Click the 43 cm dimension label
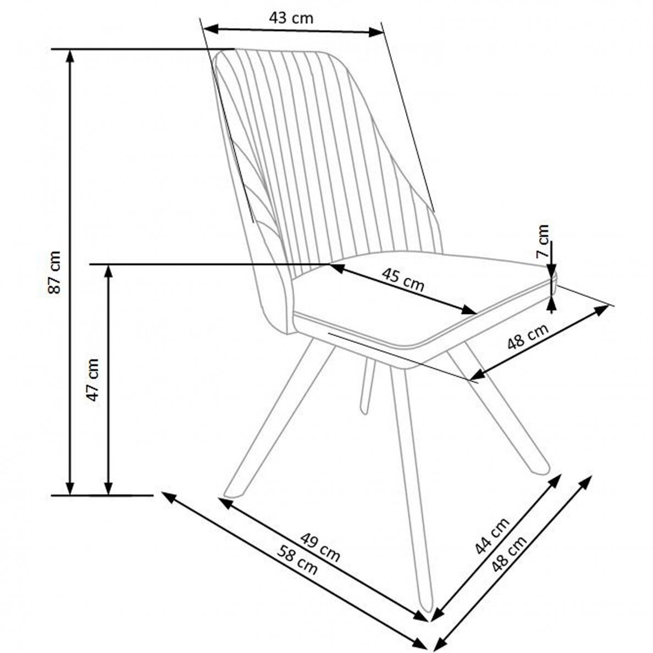click(x=291, y=18)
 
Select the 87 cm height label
click(x=54, y=272)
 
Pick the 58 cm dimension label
click(x=298, y=561)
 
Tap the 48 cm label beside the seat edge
click(x=527, y=336)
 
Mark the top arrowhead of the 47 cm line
click(x=108, y=270)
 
